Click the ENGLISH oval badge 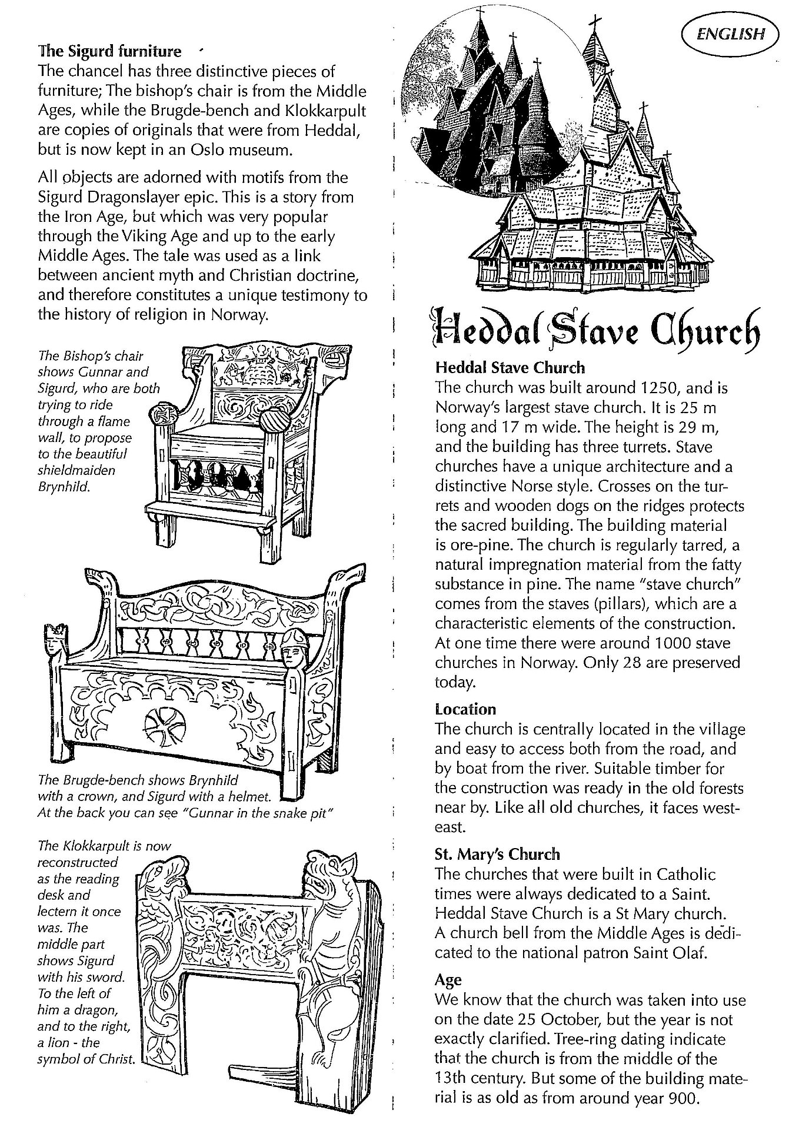tap(730, 34)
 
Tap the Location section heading tap(465, 709)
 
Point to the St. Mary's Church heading tap(497, 854)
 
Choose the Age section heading tap(448, 980)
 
